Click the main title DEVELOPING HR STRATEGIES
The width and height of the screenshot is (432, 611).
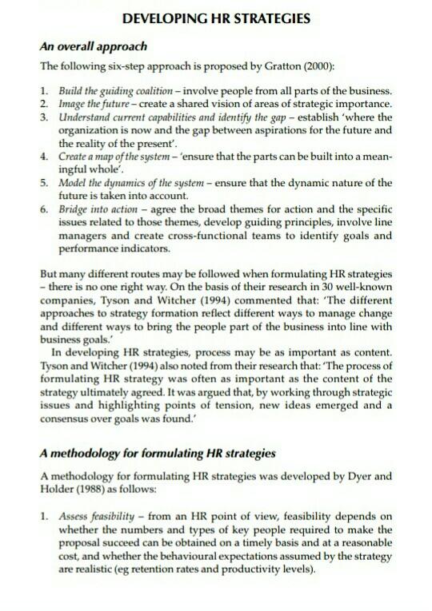[x=215, y=18]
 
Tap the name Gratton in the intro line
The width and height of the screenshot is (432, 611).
[x=302, y=65]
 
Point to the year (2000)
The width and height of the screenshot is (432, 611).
[x=340, y=65]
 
